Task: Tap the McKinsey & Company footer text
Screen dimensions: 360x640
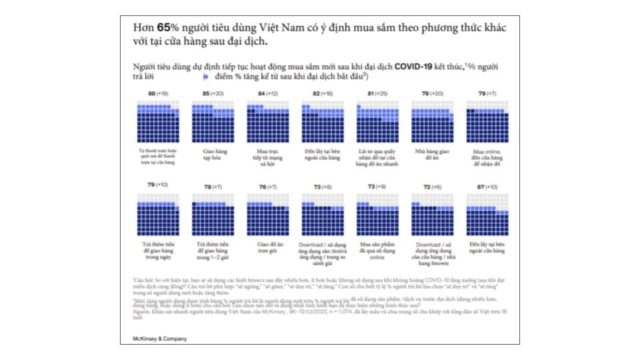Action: pos(159,339)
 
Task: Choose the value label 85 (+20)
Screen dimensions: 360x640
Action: pos(213,94)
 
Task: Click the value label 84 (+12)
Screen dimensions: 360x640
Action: pos(267,94)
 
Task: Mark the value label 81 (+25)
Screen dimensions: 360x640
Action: pos(377,94)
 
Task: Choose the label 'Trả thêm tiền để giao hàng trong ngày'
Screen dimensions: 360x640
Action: pos(158,249)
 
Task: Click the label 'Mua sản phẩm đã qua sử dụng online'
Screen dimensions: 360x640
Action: pos(377,249)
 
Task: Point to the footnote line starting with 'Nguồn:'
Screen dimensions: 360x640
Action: pos(320,311)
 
